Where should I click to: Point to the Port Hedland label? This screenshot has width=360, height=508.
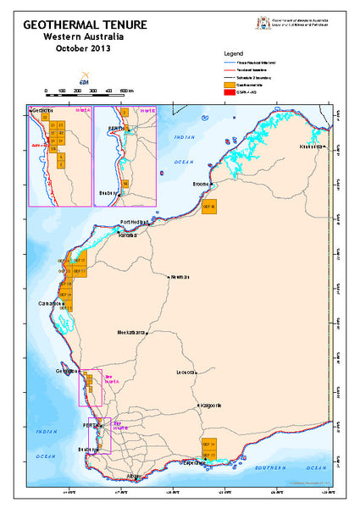pos(135,223)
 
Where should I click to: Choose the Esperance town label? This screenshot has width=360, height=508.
pos(198,464)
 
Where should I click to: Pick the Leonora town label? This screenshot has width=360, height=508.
pos(186,372)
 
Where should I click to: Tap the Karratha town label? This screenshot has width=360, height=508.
pos(128,235)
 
